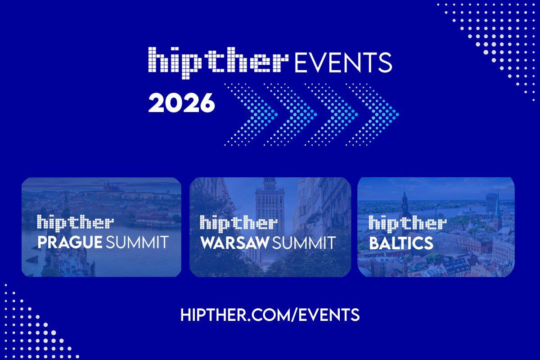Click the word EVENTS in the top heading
click(x=342, y=63)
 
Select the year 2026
click(x=181, y=103)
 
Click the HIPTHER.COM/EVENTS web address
click(x=270, y=315)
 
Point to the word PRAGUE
click(x=70, y=243)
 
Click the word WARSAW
click(x=234, y=243)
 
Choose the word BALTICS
click(x=401, y=243)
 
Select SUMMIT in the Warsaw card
click(x=304, y=243)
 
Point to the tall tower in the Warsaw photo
click(x=270, y=198)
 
